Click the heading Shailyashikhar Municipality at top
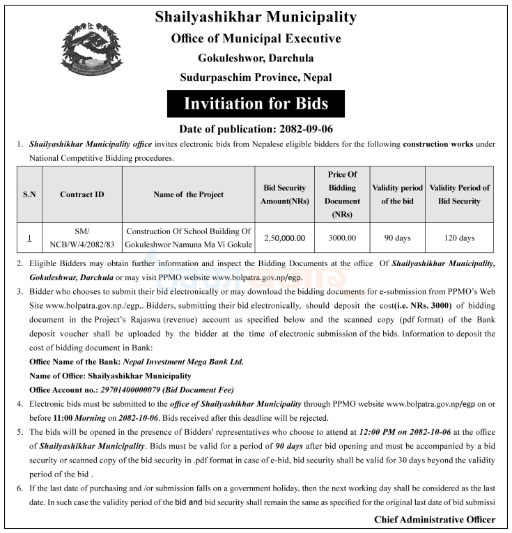tap(256, 17)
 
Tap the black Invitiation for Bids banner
tap(256, 104)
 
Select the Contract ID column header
tap(82, 194)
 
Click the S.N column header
tap(29, 194)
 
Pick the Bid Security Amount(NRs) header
tap(284, 194)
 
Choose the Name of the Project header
tap(189, 194)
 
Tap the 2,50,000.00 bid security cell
tap(284, 238)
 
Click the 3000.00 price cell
tap(342, 238)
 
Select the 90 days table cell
tap(397, 238)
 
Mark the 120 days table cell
tap(459, 238)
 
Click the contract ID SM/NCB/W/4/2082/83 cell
tap(82, 238)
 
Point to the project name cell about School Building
tap(189, 238)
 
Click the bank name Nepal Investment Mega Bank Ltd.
tap(183, 362)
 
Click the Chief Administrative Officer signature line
tap(435, 519)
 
